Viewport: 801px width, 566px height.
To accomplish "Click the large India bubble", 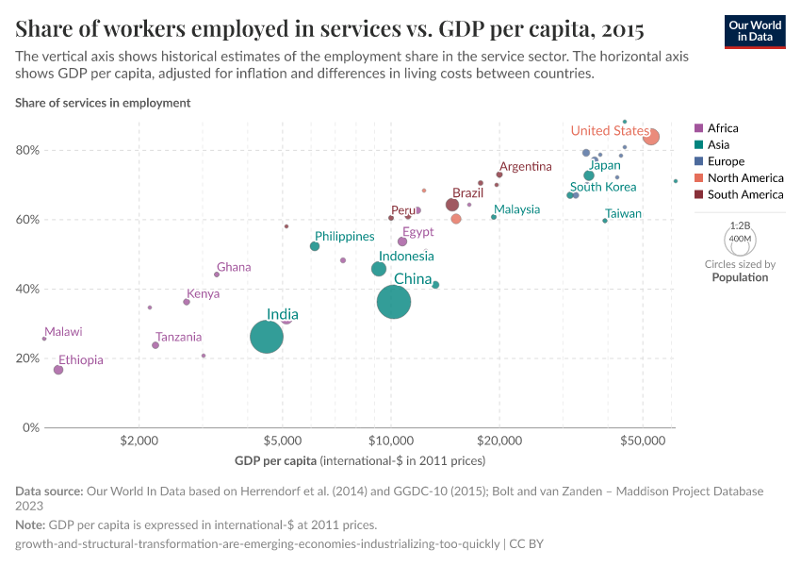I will pyautogui.click(x=267, y=337).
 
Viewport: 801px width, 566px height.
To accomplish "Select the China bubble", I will pyautogui.click(x=394, y=302).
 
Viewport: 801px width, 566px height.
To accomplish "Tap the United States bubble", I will pyautogui.click(x=650, y=137).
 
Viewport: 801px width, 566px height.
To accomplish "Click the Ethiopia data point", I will pyautogui.click(x=58, y=370).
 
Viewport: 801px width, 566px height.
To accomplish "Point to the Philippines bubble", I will pyautogui.click(x=315, y=246).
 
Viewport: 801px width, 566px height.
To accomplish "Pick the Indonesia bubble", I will pyautogui.click(x=379, y=269).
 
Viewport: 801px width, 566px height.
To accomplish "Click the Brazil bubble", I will pyautogui.click(x=452, y=205).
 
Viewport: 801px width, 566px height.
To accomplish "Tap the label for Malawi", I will pyautogui.click(x=63, y=331).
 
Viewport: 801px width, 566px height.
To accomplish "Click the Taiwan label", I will pyautogui.click(x=623, y=213).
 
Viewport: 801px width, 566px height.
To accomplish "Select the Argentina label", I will pyautogui.click(x=526, y=166).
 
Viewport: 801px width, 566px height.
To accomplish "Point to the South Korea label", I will pyautogui.click(x=603, y=187).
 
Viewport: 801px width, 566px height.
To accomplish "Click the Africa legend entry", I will pyautogui.click(x=723, y=128).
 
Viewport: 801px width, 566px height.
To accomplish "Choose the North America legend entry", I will pyautogui.click(x=744, y=178).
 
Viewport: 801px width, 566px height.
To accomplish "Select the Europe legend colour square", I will pyautogui.click(x=698, y=161).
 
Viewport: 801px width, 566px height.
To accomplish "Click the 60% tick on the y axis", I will pyautogui.click(x=26, y=220).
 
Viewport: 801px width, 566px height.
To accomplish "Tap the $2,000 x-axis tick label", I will pyautogui.click(x=139, y=440).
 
